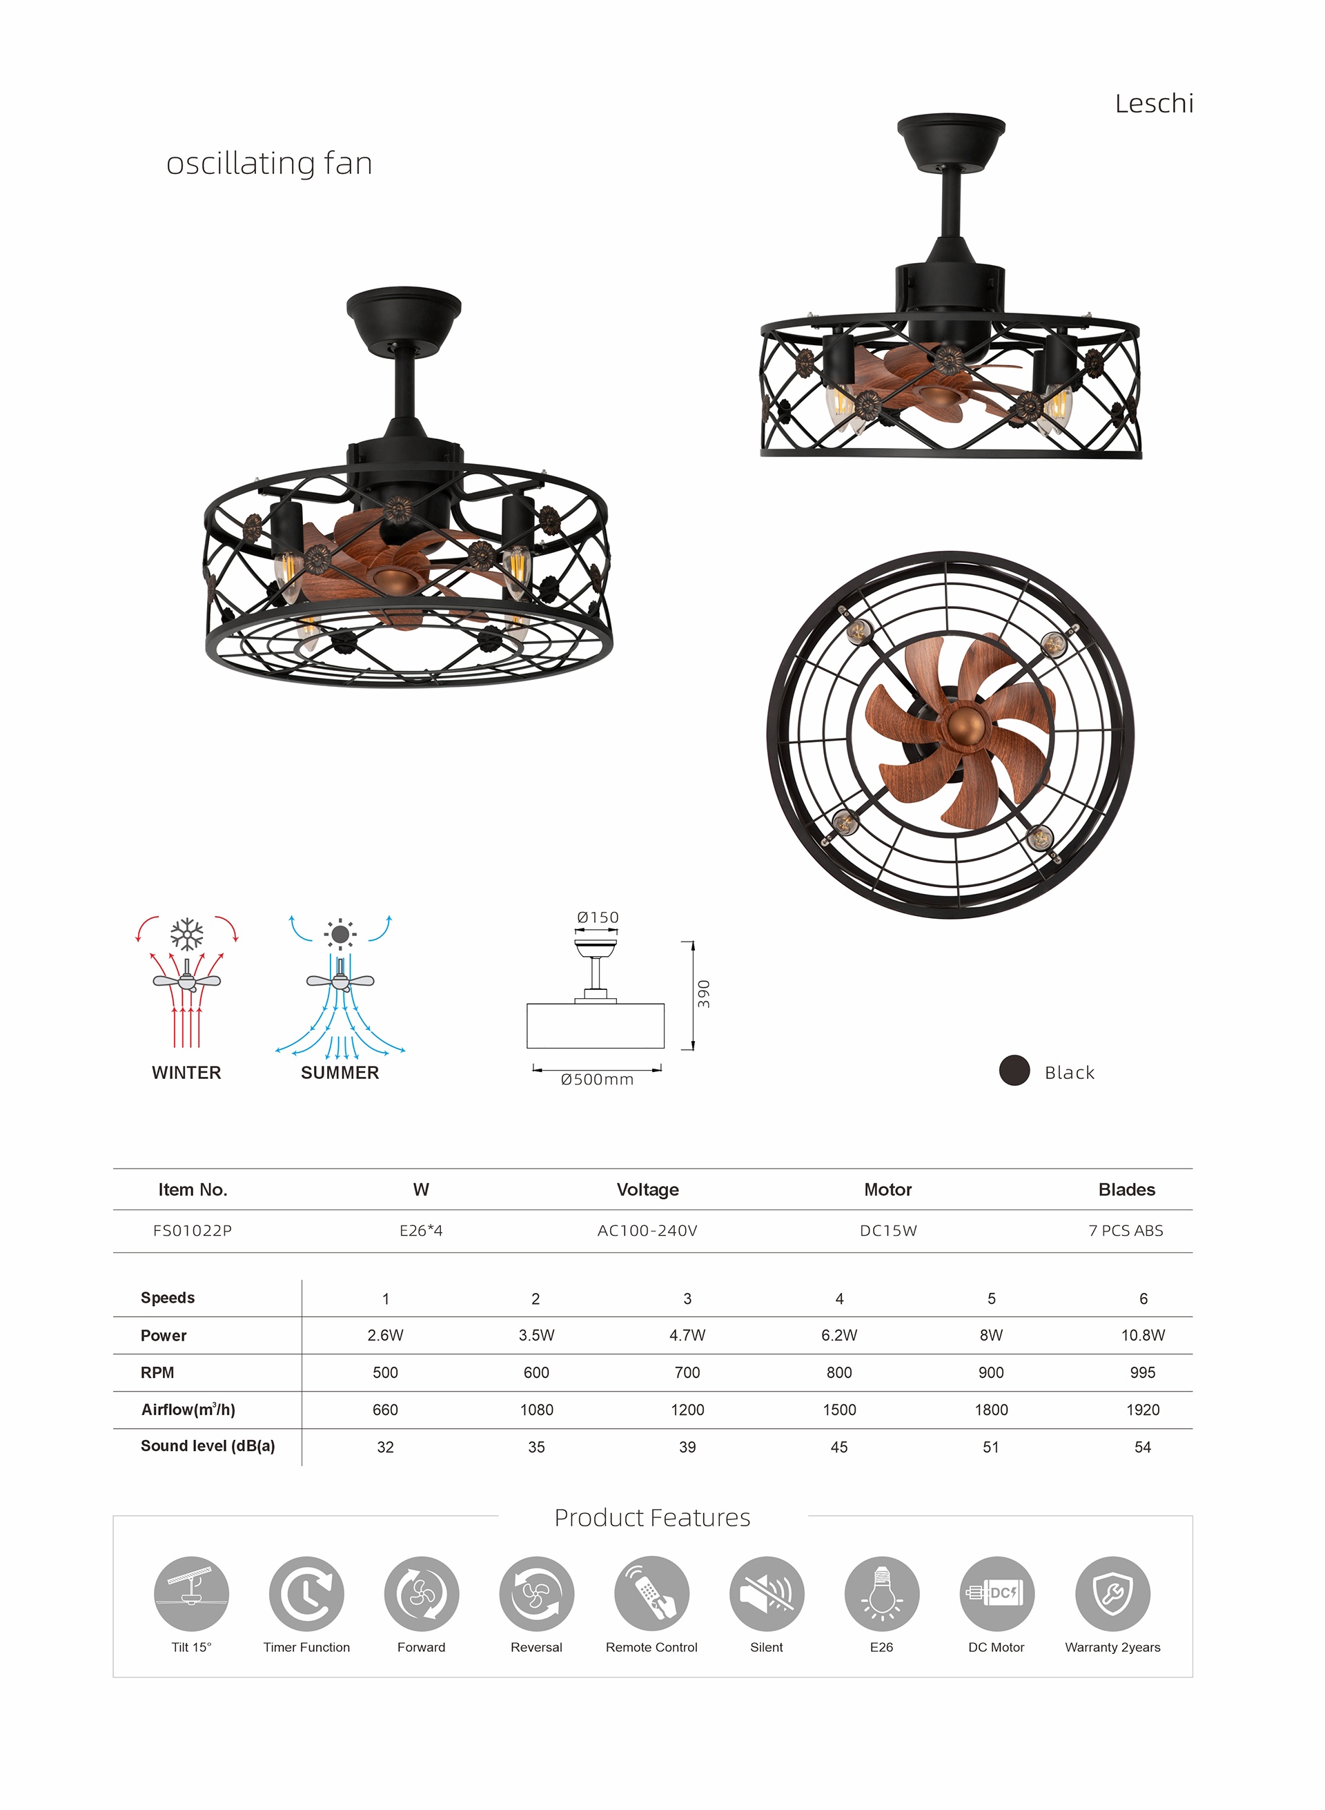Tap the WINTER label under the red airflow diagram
point(186,1073)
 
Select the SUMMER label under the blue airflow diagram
point(340,1073)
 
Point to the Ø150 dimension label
point(598,917)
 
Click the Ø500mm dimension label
point(597,1080)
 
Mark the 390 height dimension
point(704,994)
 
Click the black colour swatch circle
point(1014,1070)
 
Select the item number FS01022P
point(193,1231)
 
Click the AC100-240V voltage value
point(647,1231)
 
